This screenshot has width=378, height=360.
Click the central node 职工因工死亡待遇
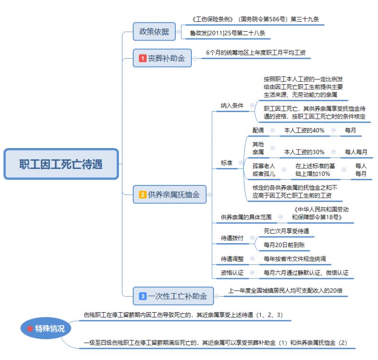(x=61, y=165)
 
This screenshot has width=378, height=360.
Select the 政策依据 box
(x=154, y=32)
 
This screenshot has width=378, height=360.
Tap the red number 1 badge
(x=142, y=59)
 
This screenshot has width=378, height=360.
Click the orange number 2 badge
(x=142, y=194)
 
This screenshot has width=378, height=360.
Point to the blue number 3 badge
(x=142, y=297)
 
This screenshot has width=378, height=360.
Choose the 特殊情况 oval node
(x=46, y=328)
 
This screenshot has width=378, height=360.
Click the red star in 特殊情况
(x=30, y=328)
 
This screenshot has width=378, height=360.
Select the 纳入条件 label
(x=232, y=105)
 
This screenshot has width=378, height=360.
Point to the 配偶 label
(x=258, y=130)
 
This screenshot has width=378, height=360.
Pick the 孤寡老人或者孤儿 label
(x=263, y=170)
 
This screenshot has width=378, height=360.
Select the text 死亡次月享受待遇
(x=286, y=231)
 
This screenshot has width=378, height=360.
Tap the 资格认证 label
(x=232, y=273)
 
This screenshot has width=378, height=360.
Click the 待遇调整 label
(x=232, y=259)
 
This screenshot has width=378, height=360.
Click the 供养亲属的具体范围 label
(x=246, y=217)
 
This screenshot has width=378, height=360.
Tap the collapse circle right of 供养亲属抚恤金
(x=209, y=194)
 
